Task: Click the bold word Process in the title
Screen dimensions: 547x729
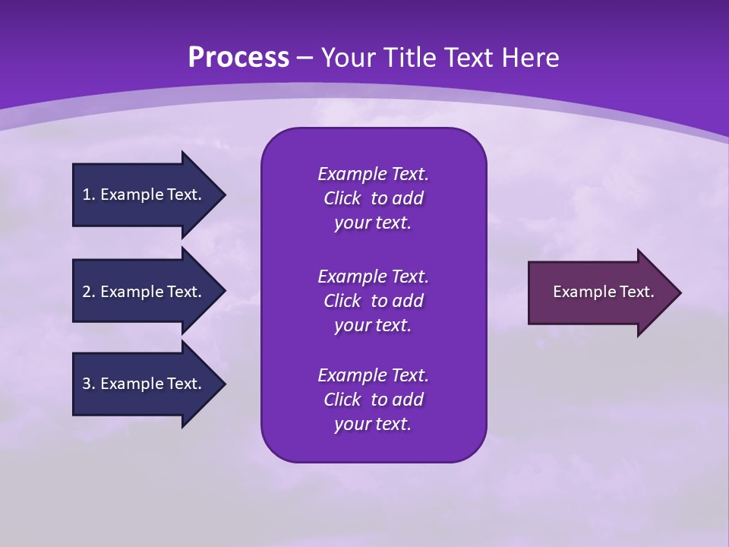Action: [x=238, y=58]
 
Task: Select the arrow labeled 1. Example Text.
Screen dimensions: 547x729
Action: [x=144, y=194]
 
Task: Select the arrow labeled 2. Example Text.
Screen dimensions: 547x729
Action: [x=144, y=292]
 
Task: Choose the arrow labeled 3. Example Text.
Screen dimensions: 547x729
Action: [x=144, y=384]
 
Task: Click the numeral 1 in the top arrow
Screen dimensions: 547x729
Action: [x=87, y=194]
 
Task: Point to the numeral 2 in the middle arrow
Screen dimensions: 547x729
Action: [x=87, y=292]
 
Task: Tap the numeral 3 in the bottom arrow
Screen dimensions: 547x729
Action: [x=87, y=384]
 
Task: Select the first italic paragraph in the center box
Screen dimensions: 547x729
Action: [x=373, y=198]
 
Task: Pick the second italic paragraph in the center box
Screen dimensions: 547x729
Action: [x=373, y=301]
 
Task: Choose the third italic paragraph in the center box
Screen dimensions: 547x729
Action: [x=373, y=400]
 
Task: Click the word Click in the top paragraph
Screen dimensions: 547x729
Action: [x=342, y=198]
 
